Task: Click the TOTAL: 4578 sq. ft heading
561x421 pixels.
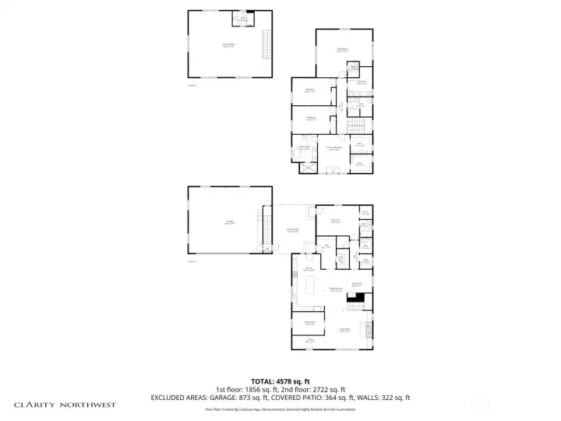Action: point(280,380)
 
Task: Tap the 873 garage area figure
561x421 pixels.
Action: point(252,398)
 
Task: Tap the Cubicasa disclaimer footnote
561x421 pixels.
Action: point(280,409)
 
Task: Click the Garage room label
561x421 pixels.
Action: point(229,222)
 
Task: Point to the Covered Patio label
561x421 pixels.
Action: point(294,230)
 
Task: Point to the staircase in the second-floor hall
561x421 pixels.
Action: point(355,128)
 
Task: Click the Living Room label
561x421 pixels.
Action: point(344,331)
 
